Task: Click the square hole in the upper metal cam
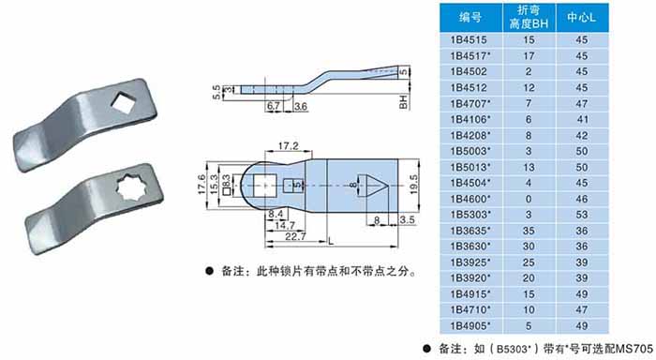(x=124, y=102)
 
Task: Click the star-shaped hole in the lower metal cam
(x=131, y=187)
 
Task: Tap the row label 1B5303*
(x=470, y=215)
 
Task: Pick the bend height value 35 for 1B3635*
(x=529, y=231)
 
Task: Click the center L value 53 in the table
(x=582, y=215)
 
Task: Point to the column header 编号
(x=470, y=17)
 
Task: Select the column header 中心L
(x=582, y=17)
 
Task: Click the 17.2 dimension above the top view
(x=289, y=146)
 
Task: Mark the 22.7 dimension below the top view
(x=295, y=237)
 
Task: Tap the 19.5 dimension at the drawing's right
(x=413, y=184)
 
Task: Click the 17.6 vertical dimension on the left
(x=201, y=185)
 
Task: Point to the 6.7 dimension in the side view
(x=274, y=106)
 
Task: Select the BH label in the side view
(x=403, y=102)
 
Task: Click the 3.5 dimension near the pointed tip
(x=407, y=219)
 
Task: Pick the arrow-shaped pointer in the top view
(x=373, y=185)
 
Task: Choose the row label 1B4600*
(x=470, y=199)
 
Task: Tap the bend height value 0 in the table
(x=529, y=199)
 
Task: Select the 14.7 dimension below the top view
(x=285, y=226)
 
